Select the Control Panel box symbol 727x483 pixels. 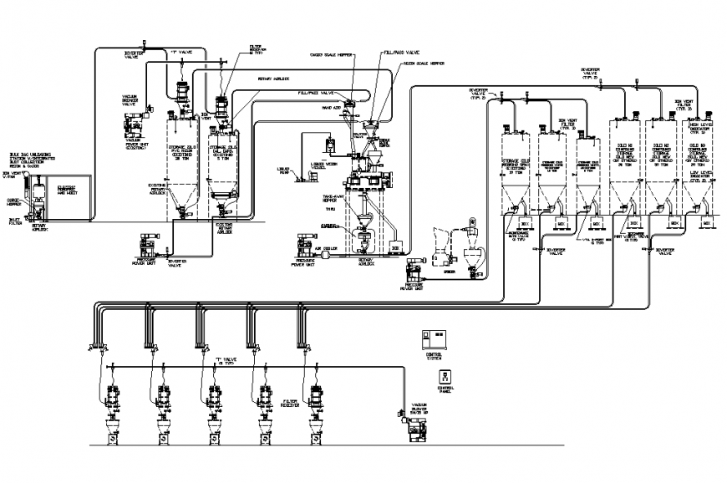point(444,377)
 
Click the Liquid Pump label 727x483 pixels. point(284,170)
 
